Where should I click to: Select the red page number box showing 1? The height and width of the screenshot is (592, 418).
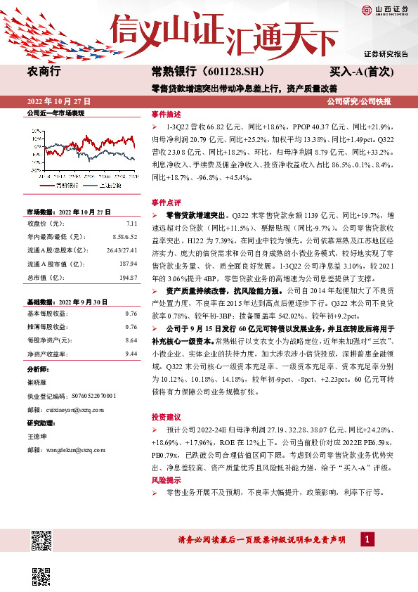[367, 539]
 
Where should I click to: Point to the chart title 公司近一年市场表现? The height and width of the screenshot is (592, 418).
[55, 112]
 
